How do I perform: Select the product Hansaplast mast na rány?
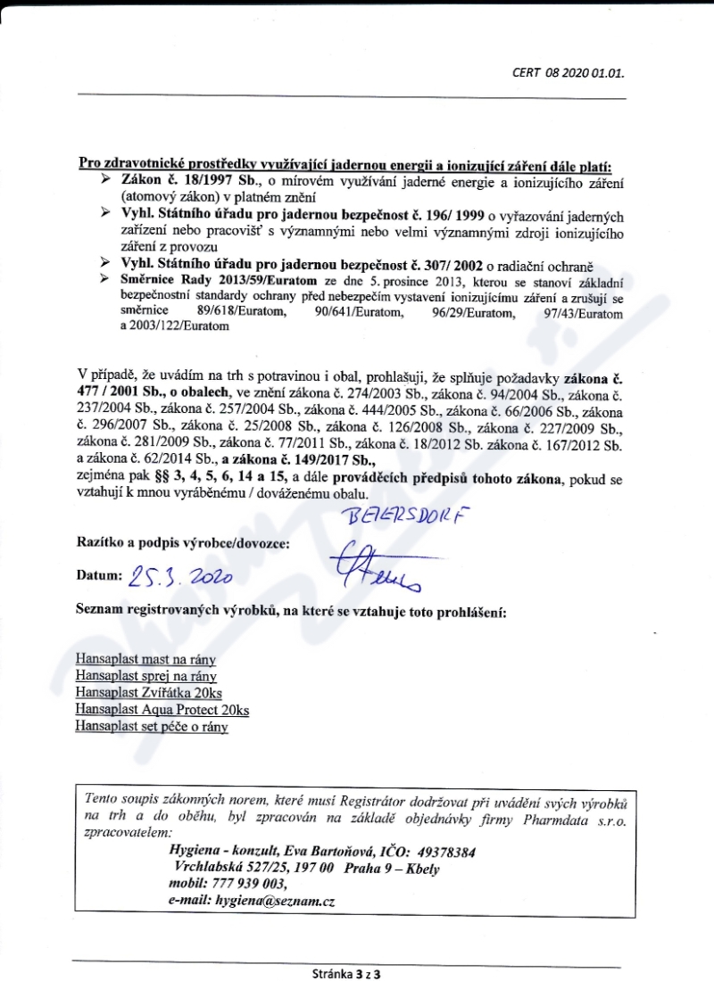(x=146, y=661)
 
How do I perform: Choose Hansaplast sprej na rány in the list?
(x=146, y=677)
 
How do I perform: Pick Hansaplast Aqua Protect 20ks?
(x=162, y=710)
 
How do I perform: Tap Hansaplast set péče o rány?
(x=152, y=727)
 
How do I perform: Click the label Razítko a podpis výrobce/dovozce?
(x=184, y=541)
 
